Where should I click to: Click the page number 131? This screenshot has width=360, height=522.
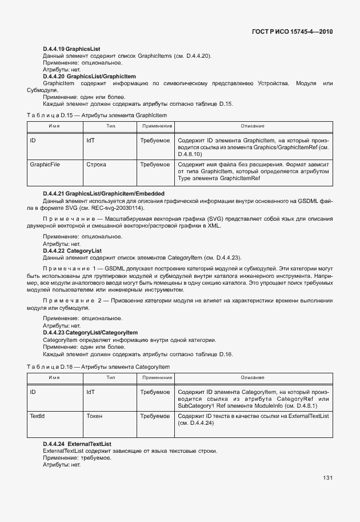tap(327, 478)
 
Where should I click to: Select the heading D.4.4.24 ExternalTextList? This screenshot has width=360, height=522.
tap(77, 444)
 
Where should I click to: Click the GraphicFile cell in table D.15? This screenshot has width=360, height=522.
tap(45, 165)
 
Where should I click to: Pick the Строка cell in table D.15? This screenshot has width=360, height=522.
tap(96, 165)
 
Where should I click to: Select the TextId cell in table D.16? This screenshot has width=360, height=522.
tap(37, 416)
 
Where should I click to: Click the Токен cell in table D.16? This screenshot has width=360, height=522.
tap(94, 416)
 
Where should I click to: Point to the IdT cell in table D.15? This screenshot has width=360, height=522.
tap(90, 140)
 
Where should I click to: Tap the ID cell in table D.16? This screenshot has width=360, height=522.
tap(33, 392)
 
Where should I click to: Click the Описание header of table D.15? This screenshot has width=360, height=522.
tap(252, 126)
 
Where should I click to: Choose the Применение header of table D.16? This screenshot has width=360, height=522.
tap(155, 377)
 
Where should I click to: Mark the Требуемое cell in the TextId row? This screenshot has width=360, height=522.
tap(155, 416)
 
